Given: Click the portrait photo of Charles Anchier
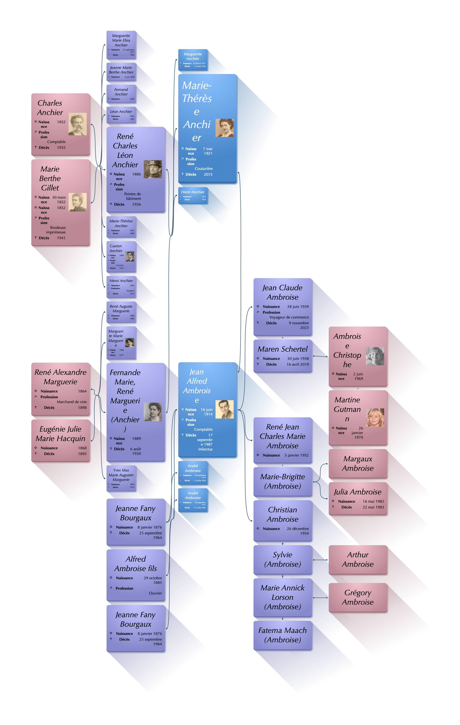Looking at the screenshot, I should click(x=77, y=124).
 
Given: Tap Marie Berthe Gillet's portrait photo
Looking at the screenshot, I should click(x=77, y=202).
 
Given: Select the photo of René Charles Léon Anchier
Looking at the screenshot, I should click(x=153, y=169).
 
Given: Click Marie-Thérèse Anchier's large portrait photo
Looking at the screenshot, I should click(x=224, y=128).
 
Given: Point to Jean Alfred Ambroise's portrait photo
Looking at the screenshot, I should click(x=224, y=409).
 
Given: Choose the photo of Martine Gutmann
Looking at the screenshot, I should click(x=375, y=417).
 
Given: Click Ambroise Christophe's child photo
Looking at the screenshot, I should click(x=375, y=356).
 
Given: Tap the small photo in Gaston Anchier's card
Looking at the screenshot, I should click(x=130, y=256).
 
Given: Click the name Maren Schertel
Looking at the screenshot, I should click(x=282, y=349).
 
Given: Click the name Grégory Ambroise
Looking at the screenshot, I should click(x=358, y=597).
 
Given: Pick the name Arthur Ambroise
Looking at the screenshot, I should click(x=358, y=559).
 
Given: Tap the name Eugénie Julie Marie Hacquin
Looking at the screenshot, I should click(x=60, y=434).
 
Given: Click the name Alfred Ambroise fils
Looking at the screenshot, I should click(x=136, y=564).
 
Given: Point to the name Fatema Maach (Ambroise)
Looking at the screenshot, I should click(x=282, y=635).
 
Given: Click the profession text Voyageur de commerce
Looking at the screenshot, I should click(x=289, y=317).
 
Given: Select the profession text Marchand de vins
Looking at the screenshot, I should click(x=71, y=402).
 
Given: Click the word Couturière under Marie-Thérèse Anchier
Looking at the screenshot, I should click(x=204, y=169).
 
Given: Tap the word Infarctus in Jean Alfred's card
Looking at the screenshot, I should click(x=205, y=449).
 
